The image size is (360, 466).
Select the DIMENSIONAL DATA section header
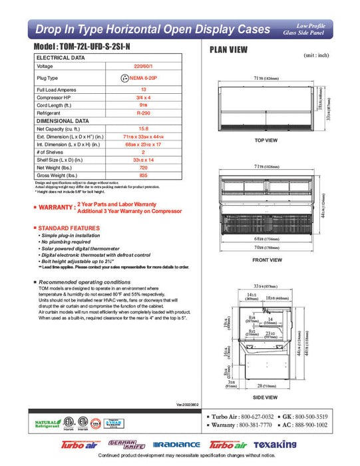pyautogui.click(x=62, y=121)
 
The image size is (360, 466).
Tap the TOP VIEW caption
pyautogui.click(x=266, y=140)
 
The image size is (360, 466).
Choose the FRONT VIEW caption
pyautogui.click(x=266, y=260)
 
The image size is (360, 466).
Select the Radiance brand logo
pyautogui.click(x=176, y=444)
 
